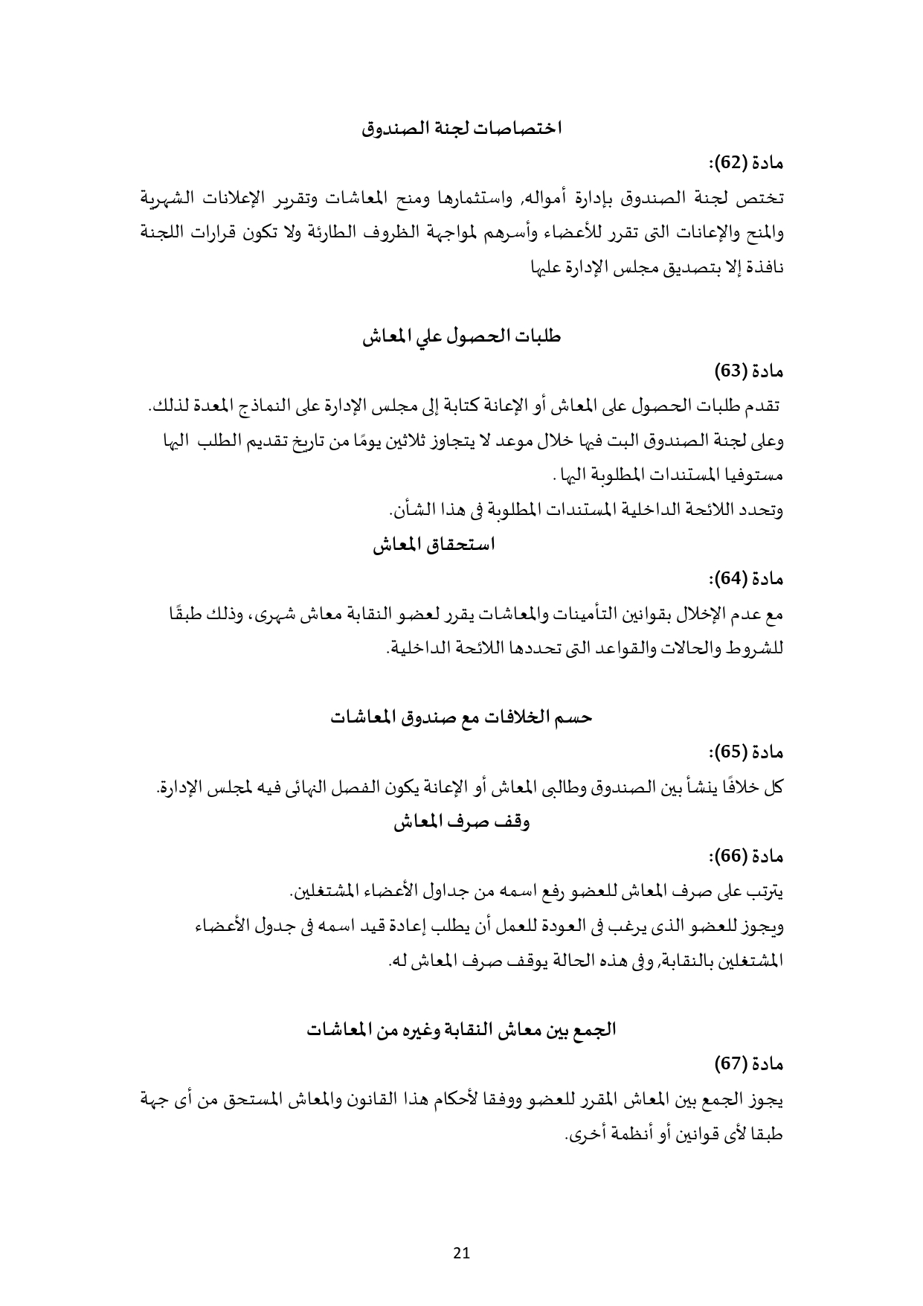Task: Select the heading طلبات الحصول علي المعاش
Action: pyautogui.click(x=462, y=337)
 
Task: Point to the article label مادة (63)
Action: pyautogui.click(x=750, y=371)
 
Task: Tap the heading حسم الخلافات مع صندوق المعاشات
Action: pyautogui.click(x=462, y=717)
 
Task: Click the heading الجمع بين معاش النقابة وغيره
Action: pyautogui.click(x=462, y=1031)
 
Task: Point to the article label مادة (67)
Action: pyautogui.click(x=750, y=1065)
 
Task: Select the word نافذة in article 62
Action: pyautogui.click(x=764, y=268)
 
